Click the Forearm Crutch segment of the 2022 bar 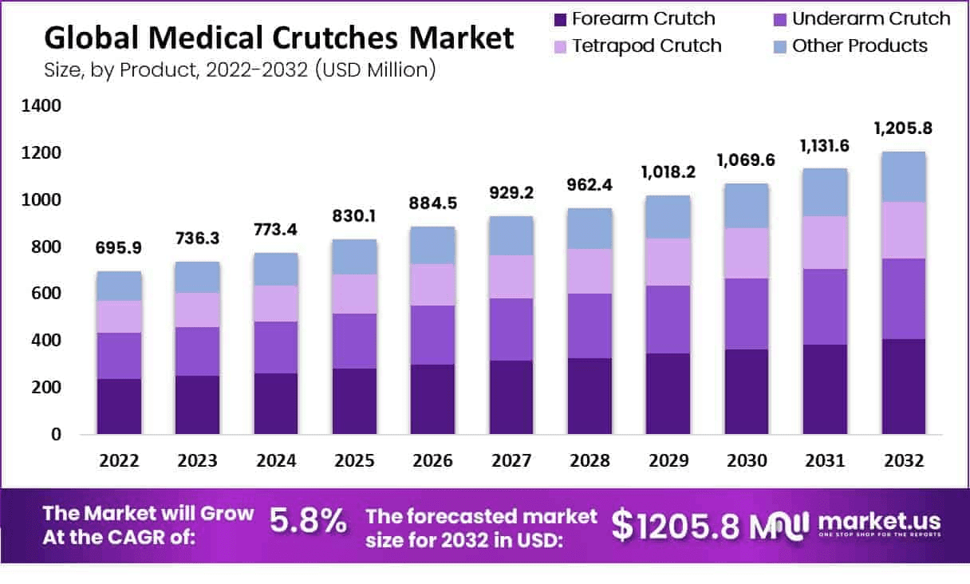click(x=119, y=406)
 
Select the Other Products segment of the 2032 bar click(x=903, y=176)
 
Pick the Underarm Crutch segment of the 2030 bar click(x=747, y=314)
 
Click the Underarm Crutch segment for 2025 click(x=354, y=341)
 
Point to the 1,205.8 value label click(x=903, y=128)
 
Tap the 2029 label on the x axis click(x=668, y=461)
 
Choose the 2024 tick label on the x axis click(x=276, y=461)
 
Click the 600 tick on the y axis click(x=44, y=294)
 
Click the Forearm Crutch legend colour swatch click(x=560, y=19)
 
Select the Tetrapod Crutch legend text click(x=646, y=45)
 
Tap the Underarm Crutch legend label click(x=871, y=18)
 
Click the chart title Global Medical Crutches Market click(x=279, y=38)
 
